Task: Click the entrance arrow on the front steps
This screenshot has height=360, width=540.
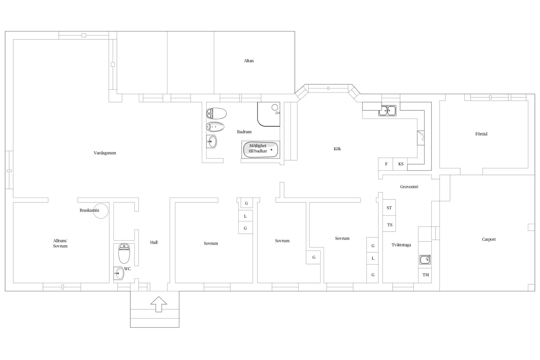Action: (x=159, y=304)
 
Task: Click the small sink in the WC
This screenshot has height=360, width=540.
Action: (x=119, y=273)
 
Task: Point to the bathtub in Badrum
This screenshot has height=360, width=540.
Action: (x=260, y=150)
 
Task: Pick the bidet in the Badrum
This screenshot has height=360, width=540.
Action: (x=215, y=127)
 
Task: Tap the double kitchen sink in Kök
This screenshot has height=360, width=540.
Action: (x=387, y=111)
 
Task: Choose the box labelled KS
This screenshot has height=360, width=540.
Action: (x=400, y=164)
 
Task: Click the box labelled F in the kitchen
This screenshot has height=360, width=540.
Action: (x=386, y=164)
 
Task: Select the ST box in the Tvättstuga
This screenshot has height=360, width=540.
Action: (x=389, y=208)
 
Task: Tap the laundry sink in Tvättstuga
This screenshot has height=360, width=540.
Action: (x=425, y=260)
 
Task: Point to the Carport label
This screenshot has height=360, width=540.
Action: (x=489, y=239)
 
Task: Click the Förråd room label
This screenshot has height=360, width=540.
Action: (x=481, y=134)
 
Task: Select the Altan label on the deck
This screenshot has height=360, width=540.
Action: (x=249, y=61)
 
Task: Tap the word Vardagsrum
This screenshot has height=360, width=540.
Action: (x=105, y=153)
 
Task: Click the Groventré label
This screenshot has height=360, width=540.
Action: (x=409, y=187)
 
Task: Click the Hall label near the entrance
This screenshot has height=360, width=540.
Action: (x=154, y=242)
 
